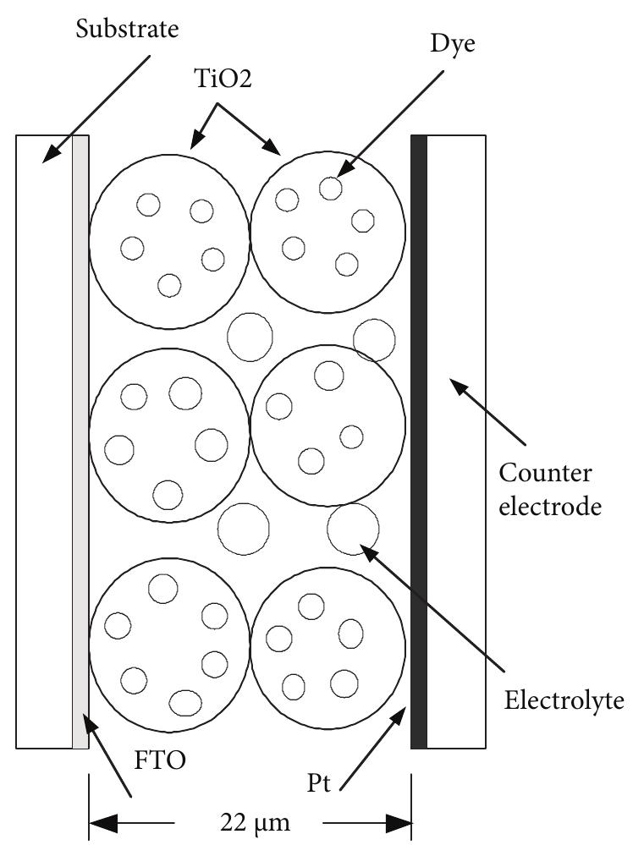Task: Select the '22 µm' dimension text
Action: coord(249,821)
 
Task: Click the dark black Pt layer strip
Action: coord(418,440)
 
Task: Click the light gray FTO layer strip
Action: coord(80,440)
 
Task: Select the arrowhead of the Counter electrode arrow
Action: coord(454,386)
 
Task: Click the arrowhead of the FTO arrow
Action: coord(88,721)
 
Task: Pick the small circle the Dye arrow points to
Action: coord(330,188)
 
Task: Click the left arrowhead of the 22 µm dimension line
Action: coord(95,821)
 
